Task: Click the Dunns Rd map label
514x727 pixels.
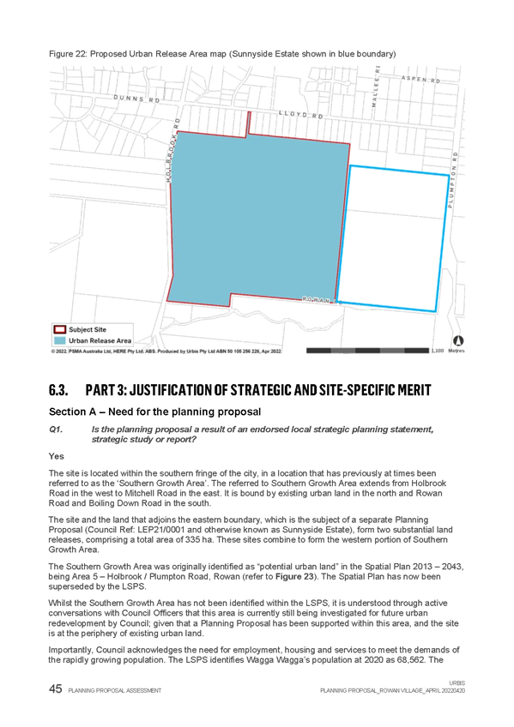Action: pos(136,99)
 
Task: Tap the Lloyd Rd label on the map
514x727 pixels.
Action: pos(300,114)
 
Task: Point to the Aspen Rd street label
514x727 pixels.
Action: pos(420,79)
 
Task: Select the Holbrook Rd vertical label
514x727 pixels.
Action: pos(172,150)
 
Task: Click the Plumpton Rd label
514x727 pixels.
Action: pos(452,179)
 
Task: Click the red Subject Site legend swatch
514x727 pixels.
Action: pos(60,330)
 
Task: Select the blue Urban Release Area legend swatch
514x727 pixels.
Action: pos(60,341)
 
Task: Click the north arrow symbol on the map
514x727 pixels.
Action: pos(458,340)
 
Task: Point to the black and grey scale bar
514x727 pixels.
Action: pos(367,351)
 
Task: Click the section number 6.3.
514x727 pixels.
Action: pos(58,389)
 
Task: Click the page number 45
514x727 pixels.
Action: pos(55,689)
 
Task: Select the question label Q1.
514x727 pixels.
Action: pos(55,430)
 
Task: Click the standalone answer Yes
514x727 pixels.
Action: pos(56,456)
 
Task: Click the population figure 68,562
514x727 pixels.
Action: pos(409,660)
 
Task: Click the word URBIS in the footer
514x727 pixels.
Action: pos(457,683)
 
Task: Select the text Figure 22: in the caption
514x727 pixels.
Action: pos(68,54)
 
